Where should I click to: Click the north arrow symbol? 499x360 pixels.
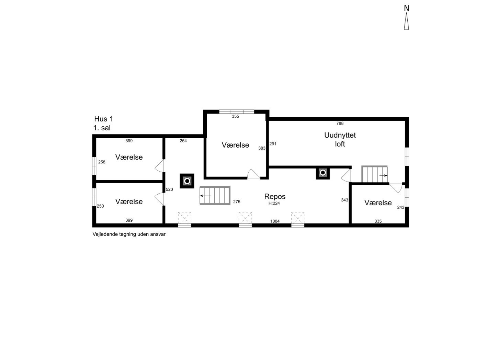tap(406, 21)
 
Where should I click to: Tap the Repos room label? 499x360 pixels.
tap(275, 197)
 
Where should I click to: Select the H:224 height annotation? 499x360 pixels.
tap(274, 203)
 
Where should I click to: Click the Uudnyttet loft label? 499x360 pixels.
tap(340, 140)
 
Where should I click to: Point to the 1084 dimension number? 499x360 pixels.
tap(275, 221)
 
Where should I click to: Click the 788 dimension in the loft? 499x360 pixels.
tap(340, 123)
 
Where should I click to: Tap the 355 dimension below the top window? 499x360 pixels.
tap(236, 116)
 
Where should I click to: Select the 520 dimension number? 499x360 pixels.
tap(169, 189)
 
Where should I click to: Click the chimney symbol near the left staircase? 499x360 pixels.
tap(187, 181)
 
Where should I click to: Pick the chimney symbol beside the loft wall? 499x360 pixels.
tap(322, 173)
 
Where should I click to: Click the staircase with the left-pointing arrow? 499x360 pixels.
tap(215, 196)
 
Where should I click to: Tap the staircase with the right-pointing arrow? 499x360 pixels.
tap(375, 174)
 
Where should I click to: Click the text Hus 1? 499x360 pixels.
tap(104, 119)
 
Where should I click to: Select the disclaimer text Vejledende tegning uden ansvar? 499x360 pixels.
tap(129, 234)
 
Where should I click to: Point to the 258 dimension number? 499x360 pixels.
tap(102, 162)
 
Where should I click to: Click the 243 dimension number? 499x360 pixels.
tap(400, 208)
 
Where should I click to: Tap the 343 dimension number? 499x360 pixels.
tap(344, 200)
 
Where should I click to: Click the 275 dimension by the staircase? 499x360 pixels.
tap(237, 202)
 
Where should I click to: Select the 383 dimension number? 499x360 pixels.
tap(262, 148)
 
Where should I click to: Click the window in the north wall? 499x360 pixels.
tap(237, 112)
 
